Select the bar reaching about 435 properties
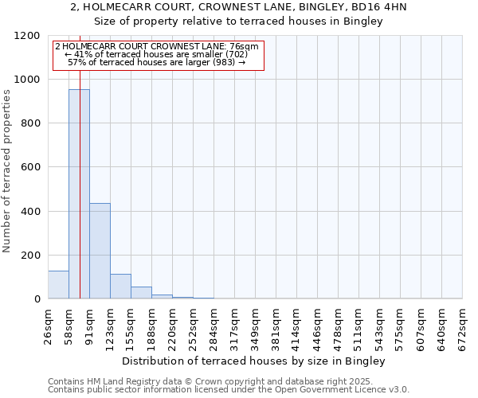pyautogui.click(x=100, y=251)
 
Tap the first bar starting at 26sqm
pyautogui.click(x=58, y=284)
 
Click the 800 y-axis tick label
pyautogui.click(x=30, y=123)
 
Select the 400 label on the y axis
pyautogui.click(x=30, y=211)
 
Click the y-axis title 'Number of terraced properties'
pyautogui.click(x=7, y=171)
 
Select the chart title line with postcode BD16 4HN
pyautogui.click(x=238, y=7)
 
